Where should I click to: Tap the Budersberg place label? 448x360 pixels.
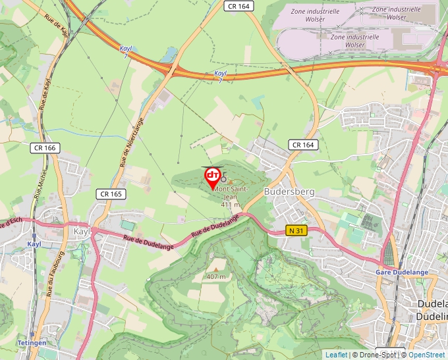(x=289, y=192)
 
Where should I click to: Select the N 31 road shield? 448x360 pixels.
(x=296, y=230)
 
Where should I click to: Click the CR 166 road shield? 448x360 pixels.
(x=45, y=148)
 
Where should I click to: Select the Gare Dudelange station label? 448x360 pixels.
(x=402, y=272)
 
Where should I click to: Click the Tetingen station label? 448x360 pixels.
(x=32, y=343)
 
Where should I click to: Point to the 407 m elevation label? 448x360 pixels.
(x=215, y=276)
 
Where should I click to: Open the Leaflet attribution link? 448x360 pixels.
(x=336, y=355)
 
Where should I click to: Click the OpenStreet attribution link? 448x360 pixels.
(x=426, y=355)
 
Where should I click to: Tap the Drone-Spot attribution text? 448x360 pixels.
(x=377, y=355)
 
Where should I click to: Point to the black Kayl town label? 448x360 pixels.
(x=82, y=232)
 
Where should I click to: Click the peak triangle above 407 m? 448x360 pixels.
(x=215, y=269)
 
